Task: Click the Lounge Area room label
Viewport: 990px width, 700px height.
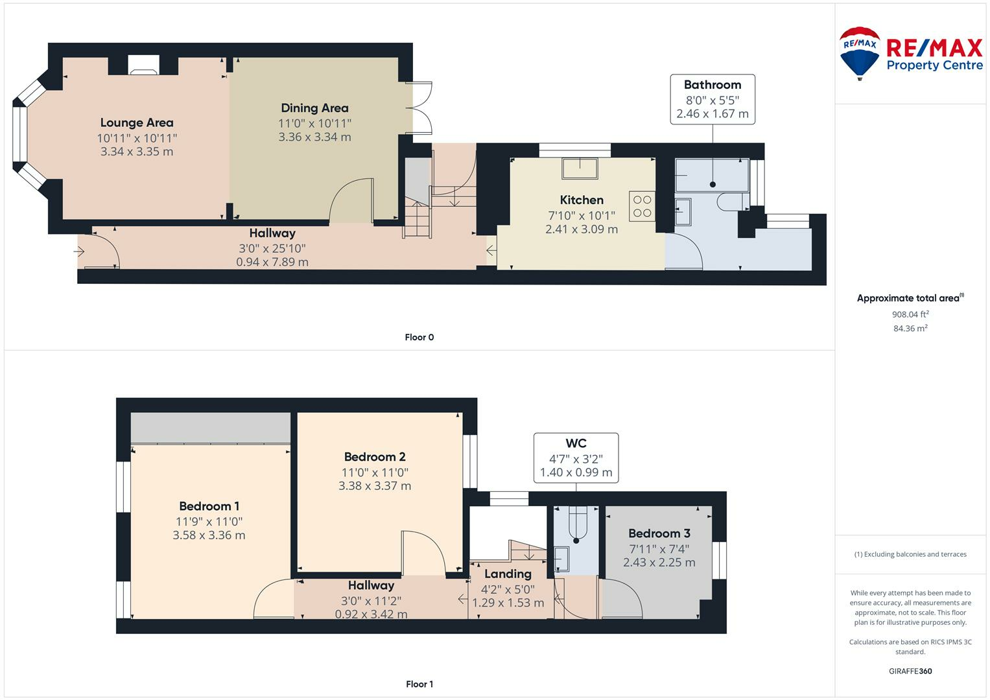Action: pos(137,122)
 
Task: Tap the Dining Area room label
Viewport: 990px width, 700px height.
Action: pos(314,108)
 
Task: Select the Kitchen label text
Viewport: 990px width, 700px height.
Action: pos(582,200)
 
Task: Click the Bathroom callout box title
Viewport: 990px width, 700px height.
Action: pos(713,84)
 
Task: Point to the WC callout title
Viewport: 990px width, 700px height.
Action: pos(576,443)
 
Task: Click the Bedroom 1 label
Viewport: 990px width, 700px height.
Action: pos(209,506)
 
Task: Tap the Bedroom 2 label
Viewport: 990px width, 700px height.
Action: pos(375,456)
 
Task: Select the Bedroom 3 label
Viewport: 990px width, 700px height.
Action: pos(659,533)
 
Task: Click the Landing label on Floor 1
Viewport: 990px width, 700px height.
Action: pos(508,574)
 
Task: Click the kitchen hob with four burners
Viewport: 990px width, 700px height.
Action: pos(642,206)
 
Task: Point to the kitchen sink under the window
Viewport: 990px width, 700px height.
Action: pos(580,169)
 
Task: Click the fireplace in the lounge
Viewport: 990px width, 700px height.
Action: pos(143,65)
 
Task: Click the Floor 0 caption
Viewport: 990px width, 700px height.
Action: pos(419,337)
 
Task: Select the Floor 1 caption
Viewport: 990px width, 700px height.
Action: pos(419,684)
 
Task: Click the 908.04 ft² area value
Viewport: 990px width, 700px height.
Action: pos(910,314)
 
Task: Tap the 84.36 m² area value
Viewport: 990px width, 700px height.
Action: pos(910,329)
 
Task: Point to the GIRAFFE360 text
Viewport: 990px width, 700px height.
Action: pos(910,671)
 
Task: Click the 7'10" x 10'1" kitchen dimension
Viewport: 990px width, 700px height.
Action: pos(582,215)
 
